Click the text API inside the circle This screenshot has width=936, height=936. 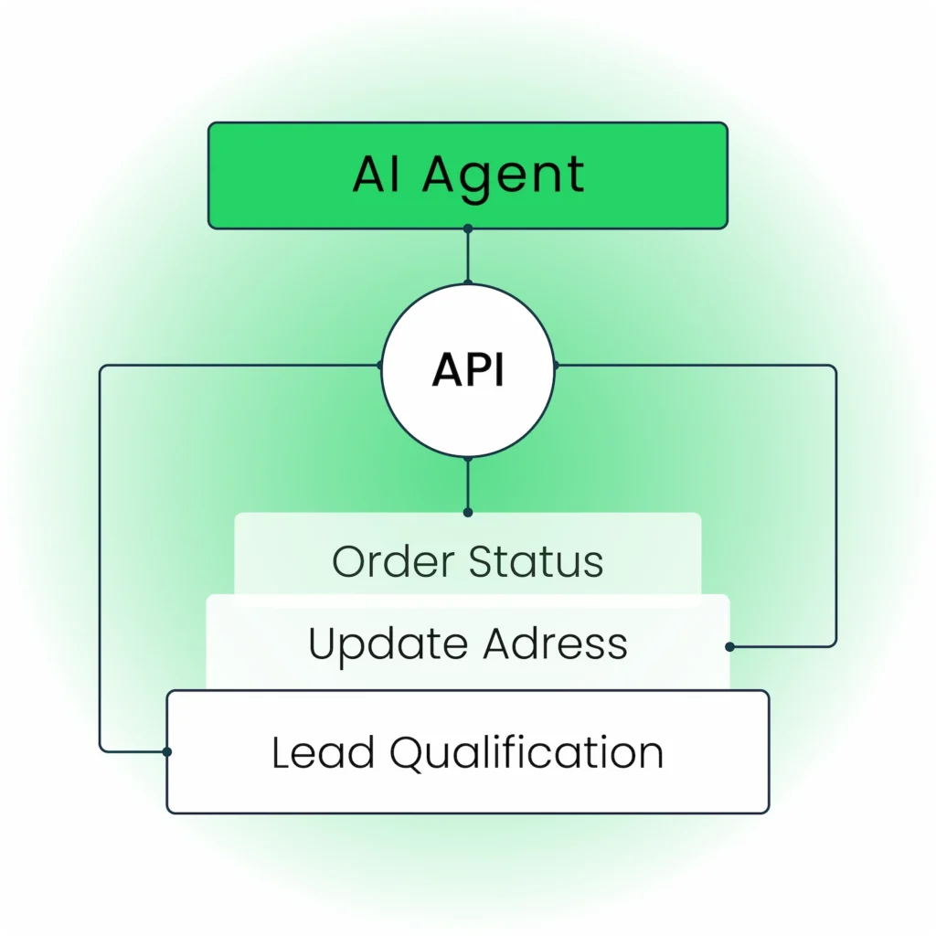[x=468, y=370]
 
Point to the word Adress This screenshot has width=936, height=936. [x=555, y=643]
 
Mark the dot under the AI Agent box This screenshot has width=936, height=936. [x=468, y=229]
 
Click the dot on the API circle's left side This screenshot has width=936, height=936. [x=380, y=366]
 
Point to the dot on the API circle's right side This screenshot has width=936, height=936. [x=556, y=366]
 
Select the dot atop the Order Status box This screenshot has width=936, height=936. [x=468, y=513]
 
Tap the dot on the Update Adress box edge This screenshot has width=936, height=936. [x=729, y=647]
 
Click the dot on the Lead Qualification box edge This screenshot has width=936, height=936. [x=167, y=752]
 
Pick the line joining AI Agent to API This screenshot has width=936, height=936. [x=468, y=256]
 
